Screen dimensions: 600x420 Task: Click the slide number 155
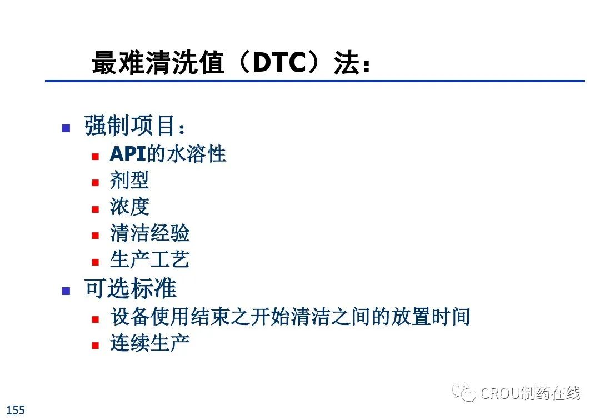pos(16,410)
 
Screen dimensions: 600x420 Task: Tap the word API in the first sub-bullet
pos(128,154)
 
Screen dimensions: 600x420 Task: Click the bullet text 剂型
pos(129,180)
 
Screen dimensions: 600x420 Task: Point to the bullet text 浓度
pos(129,207)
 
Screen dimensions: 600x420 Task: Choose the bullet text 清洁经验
pos(149,233)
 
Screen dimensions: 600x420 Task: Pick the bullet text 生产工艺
pos(149,259)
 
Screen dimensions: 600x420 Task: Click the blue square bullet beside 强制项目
pos(66,128)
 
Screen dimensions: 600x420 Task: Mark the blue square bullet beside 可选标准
pos(66,291)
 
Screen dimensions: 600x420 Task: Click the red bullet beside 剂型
pos(96,182)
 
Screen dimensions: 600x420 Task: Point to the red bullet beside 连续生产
pos(96,346)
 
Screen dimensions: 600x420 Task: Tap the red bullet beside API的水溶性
pos(96,157)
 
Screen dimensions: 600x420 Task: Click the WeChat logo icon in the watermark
pos(464,392)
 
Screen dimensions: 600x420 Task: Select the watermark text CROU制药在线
pos(531,393)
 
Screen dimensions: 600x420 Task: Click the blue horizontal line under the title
pos(315,81)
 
